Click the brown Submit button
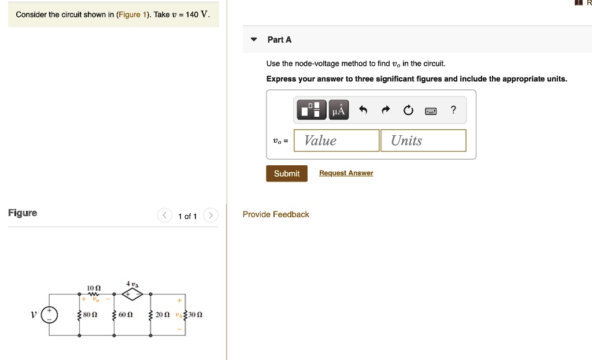point(287,173)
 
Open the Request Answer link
point(346,173)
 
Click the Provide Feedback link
point(276,214)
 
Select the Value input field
point(336,140)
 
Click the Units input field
point(423,140)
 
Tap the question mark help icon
point(453,110)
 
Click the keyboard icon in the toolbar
point(431,110)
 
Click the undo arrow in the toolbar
point(363,110)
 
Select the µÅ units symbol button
point(339,110)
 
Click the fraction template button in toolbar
point(312,110)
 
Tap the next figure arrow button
point(212,216)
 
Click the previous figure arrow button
point(165,216)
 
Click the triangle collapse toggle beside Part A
point(253,40)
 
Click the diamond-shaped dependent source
point(131,295)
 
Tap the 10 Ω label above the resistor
point(94,288)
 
